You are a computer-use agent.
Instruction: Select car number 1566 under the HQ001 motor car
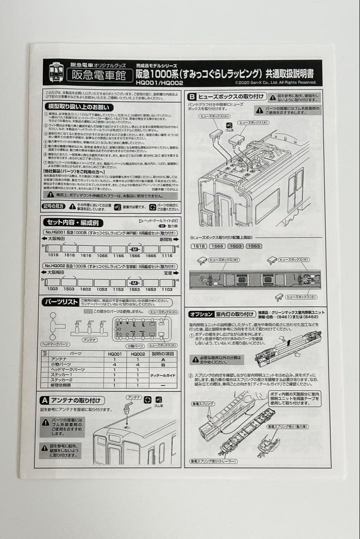134,255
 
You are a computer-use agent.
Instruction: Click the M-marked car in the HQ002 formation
134,283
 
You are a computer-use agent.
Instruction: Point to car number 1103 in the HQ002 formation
167,289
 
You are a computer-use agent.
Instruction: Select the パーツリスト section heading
61,302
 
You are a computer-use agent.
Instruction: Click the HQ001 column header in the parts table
114,353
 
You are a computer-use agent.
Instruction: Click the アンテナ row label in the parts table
59,359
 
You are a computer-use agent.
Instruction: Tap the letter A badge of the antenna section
44,400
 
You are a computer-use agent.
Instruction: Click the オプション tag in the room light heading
201,314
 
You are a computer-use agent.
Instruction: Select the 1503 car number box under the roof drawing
236,246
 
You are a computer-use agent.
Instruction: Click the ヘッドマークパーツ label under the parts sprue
55,344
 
